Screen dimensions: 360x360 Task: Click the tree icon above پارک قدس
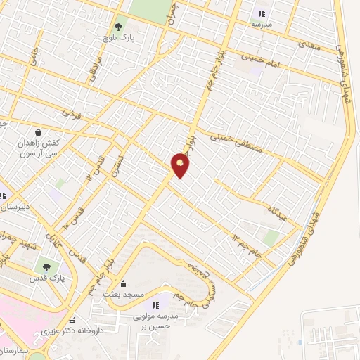click(x=46, y=266)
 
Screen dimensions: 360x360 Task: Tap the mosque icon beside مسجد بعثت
click(x=124, y=283)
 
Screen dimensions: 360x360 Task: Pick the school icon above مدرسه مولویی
click(x=155, y=305)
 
